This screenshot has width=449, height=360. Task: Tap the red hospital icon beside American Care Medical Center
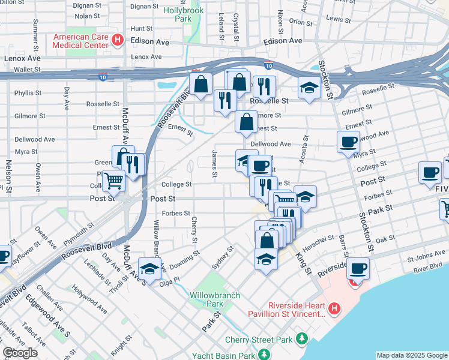click(118, 40)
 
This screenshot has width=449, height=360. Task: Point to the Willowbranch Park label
click(214, 299)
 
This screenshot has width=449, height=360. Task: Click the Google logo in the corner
click(20, 353)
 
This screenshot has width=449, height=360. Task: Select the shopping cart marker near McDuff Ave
click(113, 179)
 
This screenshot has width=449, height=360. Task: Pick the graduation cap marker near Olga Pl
click(149, 267)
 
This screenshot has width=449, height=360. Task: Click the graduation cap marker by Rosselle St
click(309, 88)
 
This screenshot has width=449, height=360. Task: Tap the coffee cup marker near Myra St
click(349, 142)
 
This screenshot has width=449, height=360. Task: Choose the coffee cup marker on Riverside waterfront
click(358, 268)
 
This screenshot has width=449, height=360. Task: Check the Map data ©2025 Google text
click(411, 355)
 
